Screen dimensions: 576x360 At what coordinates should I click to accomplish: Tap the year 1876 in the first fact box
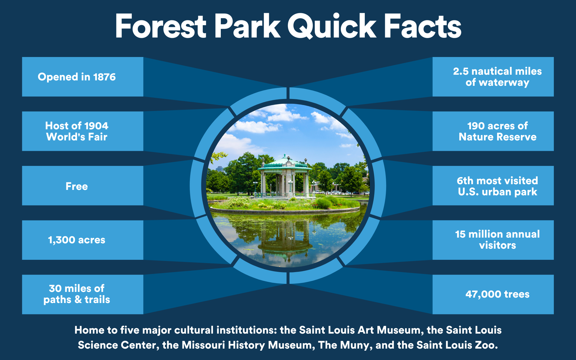pos(104,77)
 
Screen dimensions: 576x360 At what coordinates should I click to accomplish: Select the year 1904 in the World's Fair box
pos(96,126)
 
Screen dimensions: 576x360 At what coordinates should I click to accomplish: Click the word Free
pos(77,186)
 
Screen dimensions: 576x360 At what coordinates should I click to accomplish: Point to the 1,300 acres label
pos(77,240)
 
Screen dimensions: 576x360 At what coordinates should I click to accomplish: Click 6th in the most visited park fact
pos(465,181)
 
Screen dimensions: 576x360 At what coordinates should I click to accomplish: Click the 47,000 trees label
pos(497,294)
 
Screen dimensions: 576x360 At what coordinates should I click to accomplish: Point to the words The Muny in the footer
pos(344,345)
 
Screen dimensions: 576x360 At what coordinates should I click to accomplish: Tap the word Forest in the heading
pos(161,26)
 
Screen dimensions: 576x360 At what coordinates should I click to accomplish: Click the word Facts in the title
pos(423,26)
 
